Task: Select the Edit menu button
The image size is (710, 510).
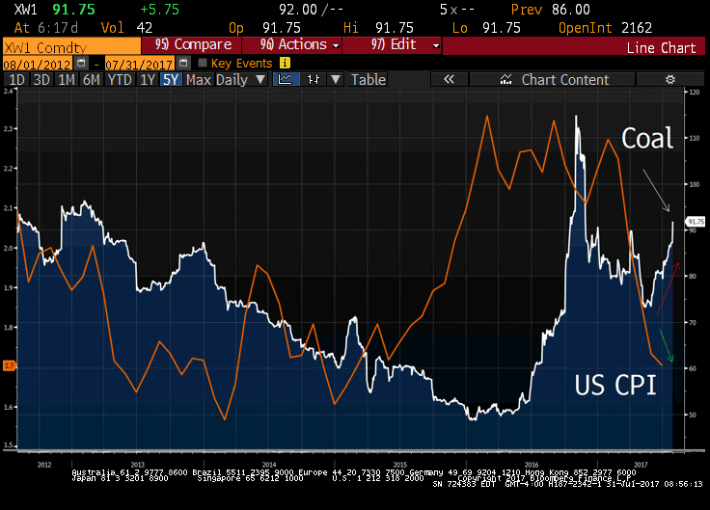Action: click(x=405, y=44)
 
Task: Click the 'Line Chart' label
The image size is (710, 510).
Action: click(x=661, y=47)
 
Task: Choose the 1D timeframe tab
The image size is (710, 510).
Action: click(x=16, y=80)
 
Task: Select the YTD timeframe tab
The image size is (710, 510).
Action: click(x=120, y=80)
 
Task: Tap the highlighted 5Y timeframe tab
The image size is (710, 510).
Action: click(x=171, y=80)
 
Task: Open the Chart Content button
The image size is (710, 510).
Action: click(x=564, y=80)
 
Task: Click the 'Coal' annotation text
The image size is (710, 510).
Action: click(x=646, y=139)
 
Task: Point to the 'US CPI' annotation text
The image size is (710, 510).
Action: click(x=615, y=386)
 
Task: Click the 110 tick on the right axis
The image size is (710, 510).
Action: click(x=693, y=138)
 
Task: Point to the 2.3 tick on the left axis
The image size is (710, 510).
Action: click(x=9, y=128)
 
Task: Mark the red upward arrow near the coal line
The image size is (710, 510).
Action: click(x=668, y=287)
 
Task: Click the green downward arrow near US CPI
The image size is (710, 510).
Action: click(x=666, y=346)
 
